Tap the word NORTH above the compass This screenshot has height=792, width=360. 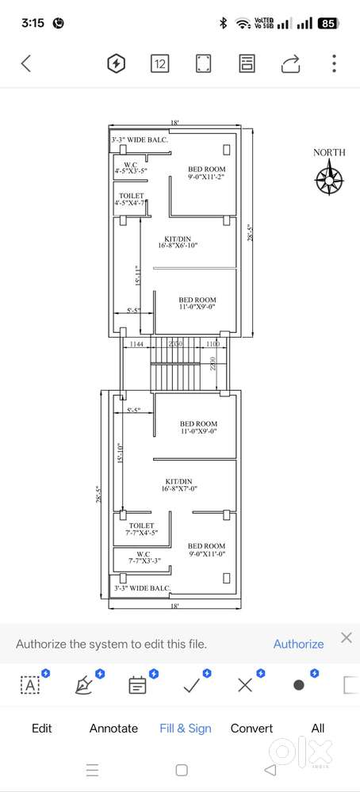[x=328, y=152]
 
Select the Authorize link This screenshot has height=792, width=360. [x=298, y=644]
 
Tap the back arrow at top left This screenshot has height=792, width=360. [x=26, y=63]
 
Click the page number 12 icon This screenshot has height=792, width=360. [x=159, y=63]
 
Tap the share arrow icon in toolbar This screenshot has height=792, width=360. [x=291, y=63]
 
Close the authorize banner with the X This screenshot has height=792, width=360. [x=346, y=637]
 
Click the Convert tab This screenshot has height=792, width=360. [x=251, y=728]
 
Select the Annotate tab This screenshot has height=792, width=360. [x=113, y=728]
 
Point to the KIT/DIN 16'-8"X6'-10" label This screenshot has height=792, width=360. [x=179, y=242]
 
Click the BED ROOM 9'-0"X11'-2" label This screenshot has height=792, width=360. [x=206, y=173]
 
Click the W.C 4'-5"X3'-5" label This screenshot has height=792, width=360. [x=131, y=168]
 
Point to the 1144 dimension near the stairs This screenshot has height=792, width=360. [x=136, y=345]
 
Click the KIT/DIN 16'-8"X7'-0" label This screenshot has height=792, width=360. [x=178, y=484]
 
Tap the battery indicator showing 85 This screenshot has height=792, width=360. [x=327, y=24]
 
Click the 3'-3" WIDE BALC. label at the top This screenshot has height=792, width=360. [x=140, y=140]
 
